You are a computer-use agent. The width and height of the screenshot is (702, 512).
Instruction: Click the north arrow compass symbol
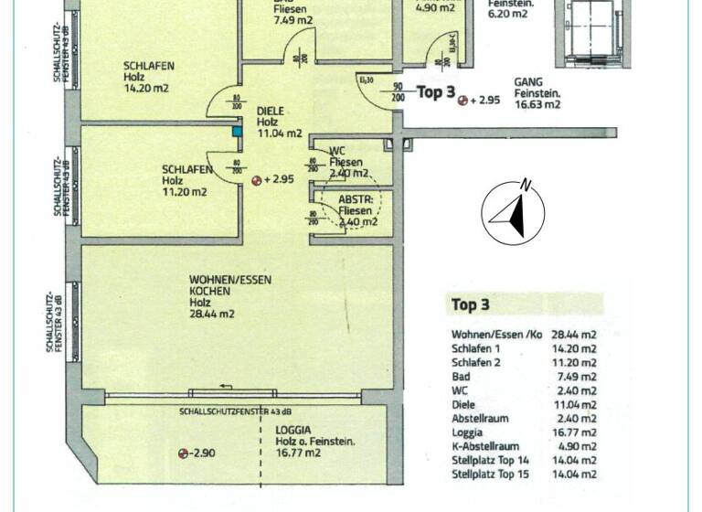point(513,214)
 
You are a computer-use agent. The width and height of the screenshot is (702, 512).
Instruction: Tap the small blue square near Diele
point(238,132)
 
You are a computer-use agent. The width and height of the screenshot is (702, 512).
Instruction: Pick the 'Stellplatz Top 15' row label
point(491,474)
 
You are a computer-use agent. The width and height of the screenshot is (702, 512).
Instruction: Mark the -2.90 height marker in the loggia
point(199,453)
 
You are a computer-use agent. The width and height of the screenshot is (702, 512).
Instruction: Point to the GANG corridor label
point(528,81)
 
